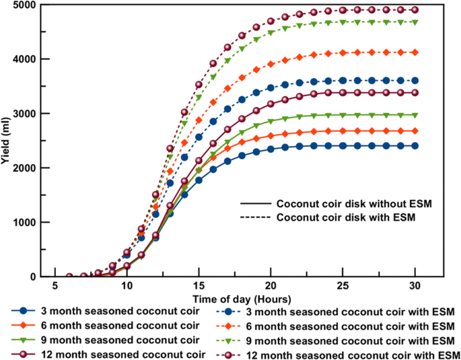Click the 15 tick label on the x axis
click(199, 286)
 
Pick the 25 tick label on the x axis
click(343, 286)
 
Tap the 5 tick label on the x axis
click(55, 286)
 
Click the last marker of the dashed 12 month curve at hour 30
click(415, 10)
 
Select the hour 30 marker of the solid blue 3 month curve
click(415, 145)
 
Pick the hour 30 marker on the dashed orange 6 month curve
click(415, 52)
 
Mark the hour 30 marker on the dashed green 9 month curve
click(415, 22)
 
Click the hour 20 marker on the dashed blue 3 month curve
click(271, 87)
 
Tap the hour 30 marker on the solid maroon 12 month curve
click(415, 92)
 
